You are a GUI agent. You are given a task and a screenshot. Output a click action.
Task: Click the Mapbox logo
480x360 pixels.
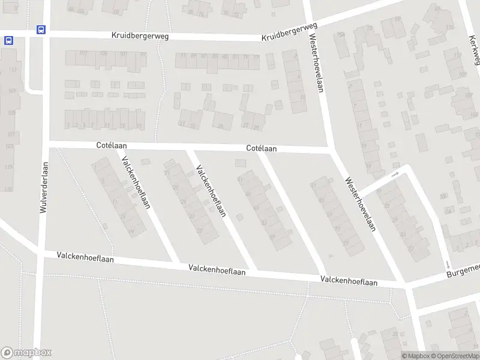[x=26, y=353]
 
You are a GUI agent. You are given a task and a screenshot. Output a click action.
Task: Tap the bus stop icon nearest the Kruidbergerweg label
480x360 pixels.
[x=41, y=29]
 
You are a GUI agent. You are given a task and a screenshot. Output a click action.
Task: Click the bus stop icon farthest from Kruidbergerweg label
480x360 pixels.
[x=8, y=40]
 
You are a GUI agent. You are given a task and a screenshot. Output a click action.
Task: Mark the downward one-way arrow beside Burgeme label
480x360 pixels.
[x=448, y=265]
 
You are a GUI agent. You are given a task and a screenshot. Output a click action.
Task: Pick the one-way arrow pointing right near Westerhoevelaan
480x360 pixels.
[x=395, y=175]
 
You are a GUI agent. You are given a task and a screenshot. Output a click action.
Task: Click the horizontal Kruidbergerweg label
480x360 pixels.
[x=140, y=36]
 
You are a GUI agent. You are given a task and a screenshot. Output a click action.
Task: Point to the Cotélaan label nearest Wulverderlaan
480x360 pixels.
[x=112, y=146]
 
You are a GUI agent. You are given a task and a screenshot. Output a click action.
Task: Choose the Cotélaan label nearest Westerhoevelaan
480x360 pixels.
[x=262, y=148]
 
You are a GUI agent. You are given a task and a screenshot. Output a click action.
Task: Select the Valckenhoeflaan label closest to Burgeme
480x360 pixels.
[x=349, y=280]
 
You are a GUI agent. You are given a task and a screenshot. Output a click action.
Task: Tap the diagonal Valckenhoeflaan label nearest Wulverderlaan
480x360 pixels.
[x=135, y=183]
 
